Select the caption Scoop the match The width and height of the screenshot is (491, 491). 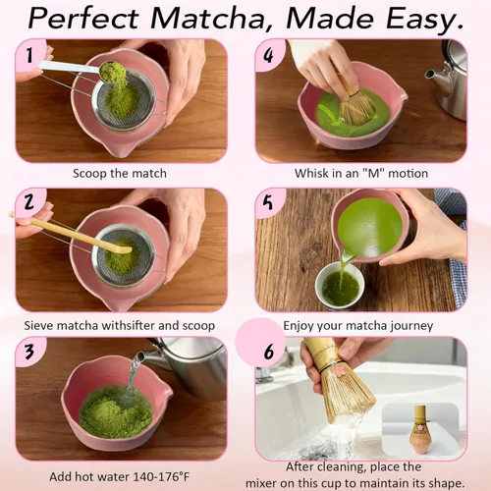[x=120, y=174]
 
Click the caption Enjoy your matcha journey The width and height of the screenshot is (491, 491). [x=357, y=324]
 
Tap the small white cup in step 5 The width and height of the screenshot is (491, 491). [x=339, y=286]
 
